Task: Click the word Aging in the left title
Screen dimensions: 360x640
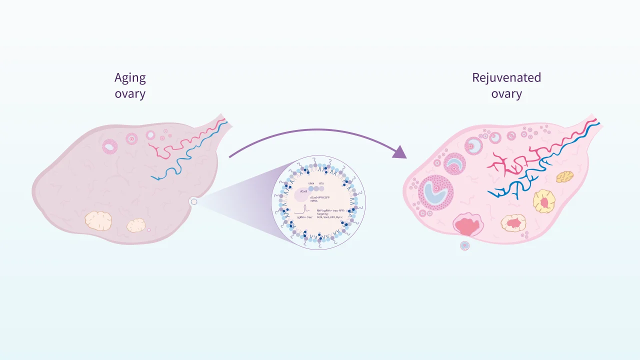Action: [x=130, y=78]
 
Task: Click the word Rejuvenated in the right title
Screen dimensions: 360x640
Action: [x=506, y=77]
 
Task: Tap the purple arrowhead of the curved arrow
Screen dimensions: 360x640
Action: [x=400, y=151]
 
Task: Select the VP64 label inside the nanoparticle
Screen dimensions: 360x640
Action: [x=311, y=184]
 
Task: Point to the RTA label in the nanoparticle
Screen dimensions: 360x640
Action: [x=321, y=184]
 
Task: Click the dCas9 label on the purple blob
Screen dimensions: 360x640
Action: [x=303, y=191]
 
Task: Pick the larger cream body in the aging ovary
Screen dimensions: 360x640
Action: [x=98, y=220]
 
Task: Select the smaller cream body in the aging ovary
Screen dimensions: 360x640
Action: [x=135, y=225]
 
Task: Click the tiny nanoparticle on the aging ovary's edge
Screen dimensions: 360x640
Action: [x=194, y=201]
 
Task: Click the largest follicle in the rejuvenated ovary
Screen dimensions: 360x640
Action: [x=435, y=192]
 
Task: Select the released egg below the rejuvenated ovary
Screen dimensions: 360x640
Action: [x=465, y=245]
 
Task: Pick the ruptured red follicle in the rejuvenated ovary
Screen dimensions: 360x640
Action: [x=468, y=225]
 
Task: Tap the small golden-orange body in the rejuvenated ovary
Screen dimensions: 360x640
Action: [x=565, y=176]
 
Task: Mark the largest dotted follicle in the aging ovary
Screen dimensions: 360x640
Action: [x=110, y=146]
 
